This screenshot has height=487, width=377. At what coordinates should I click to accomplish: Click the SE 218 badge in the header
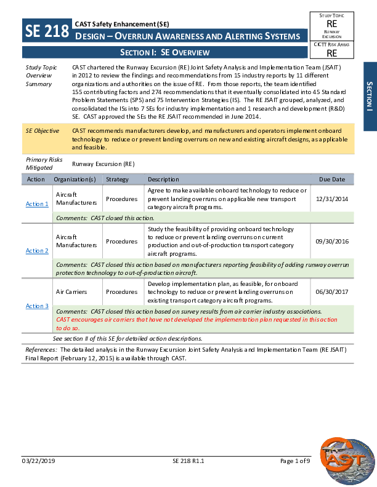tap(47, 31)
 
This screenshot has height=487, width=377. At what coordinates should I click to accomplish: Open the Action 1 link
tap(37, 204)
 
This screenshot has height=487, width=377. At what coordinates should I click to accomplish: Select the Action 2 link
tap(37, 251)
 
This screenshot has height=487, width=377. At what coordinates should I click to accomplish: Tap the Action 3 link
tap(37, 306)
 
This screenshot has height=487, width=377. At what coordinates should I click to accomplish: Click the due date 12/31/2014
tap(332, 199)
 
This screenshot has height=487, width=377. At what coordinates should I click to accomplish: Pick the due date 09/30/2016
tap(332, 241)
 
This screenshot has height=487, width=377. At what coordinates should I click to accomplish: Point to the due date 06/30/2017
tap(332, 292)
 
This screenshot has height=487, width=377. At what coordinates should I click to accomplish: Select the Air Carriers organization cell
tap(71, 292)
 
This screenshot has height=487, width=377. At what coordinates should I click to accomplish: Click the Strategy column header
tap(117, 180)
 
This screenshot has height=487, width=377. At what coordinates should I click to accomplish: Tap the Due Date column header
tap(332, 180)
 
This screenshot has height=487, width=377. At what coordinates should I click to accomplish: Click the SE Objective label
tap(43, 131)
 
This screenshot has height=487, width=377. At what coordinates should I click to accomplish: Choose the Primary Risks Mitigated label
tap(44, 163)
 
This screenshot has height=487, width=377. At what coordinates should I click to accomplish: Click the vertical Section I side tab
tap(369, 96)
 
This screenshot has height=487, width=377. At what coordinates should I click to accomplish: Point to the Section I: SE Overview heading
tap(165, 53)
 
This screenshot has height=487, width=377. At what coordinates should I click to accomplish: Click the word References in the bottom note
tap(41, 349)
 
